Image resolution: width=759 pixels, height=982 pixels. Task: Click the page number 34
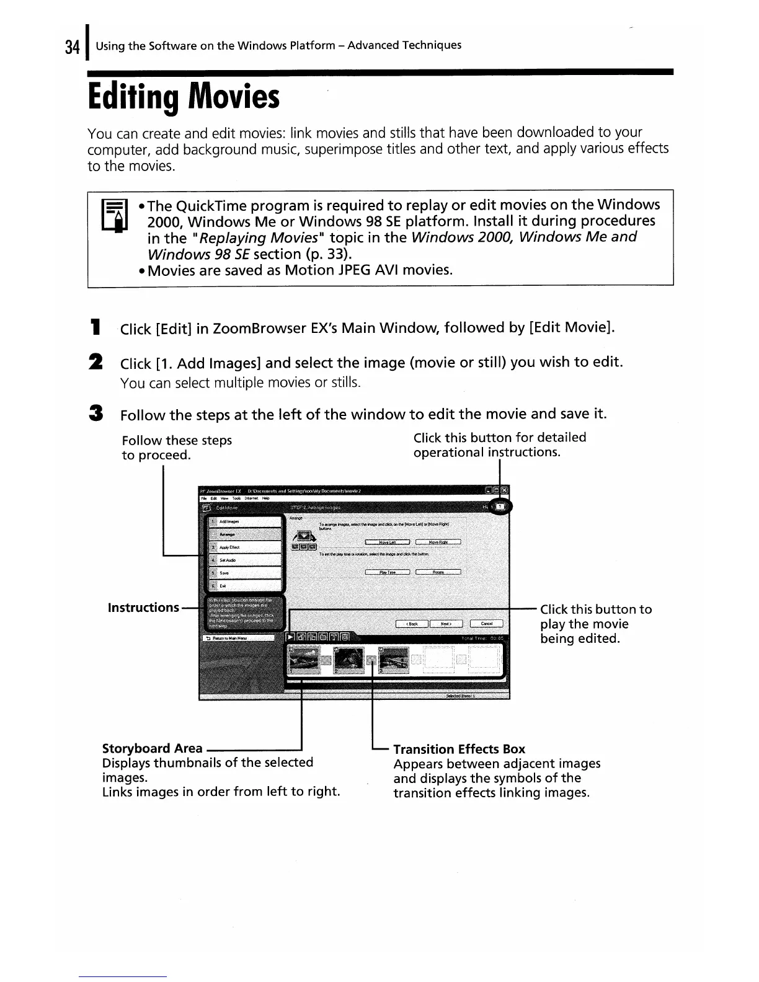[72, 47]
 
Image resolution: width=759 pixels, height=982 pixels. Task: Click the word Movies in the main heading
[234, 98]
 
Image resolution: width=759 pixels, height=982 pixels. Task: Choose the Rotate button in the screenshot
[438, 572]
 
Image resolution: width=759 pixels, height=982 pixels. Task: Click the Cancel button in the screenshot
[487, 624]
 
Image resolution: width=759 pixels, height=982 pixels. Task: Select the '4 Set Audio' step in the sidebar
[244, 560]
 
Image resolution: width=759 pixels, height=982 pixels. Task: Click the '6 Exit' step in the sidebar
[244, 585]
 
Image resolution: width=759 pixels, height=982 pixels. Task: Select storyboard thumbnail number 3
[393, 661]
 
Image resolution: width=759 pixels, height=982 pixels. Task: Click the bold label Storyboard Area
[152, 748]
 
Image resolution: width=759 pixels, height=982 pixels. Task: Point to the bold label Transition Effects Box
[459, 749]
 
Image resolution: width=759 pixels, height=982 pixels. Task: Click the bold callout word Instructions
[143, 608]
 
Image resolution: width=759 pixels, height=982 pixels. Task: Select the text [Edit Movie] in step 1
[570, 327]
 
